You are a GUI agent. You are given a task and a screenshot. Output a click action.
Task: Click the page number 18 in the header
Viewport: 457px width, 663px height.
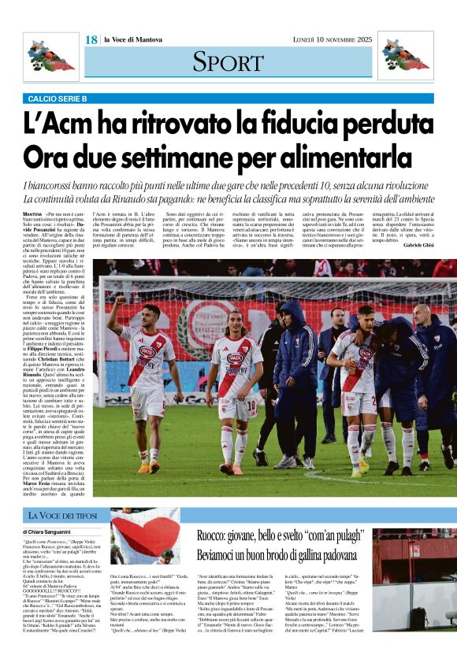[x=91, y=39]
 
